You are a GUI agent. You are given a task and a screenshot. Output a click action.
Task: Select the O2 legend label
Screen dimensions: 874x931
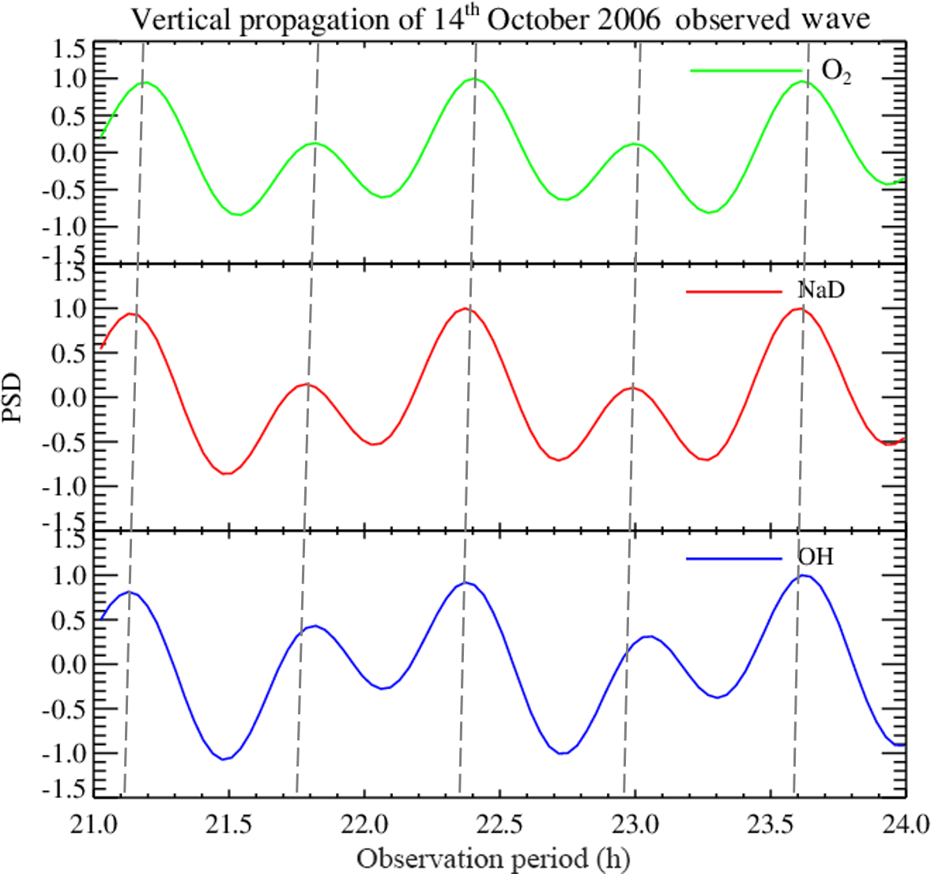(x=836, y=72)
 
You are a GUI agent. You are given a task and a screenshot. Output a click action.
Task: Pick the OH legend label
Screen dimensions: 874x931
(x=816, y=558)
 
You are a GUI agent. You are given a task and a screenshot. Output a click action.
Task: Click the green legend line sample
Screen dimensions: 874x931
(x=746, y=71)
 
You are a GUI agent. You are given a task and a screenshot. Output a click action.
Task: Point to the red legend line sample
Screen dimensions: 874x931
(x=734, y=291)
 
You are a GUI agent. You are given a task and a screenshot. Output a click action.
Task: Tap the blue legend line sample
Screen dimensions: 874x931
(x=734, y=558)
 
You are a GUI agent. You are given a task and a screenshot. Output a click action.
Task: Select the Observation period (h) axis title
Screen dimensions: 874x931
(x=493, y=858)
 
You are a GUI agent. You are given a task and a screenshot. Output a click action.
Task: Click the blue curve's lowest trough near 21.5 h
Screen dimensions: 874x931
(x=224, y=759)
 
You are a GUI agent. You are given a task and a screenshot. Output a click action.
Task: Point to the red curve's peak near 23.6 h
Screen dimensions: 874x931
(x=800, y=308)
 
